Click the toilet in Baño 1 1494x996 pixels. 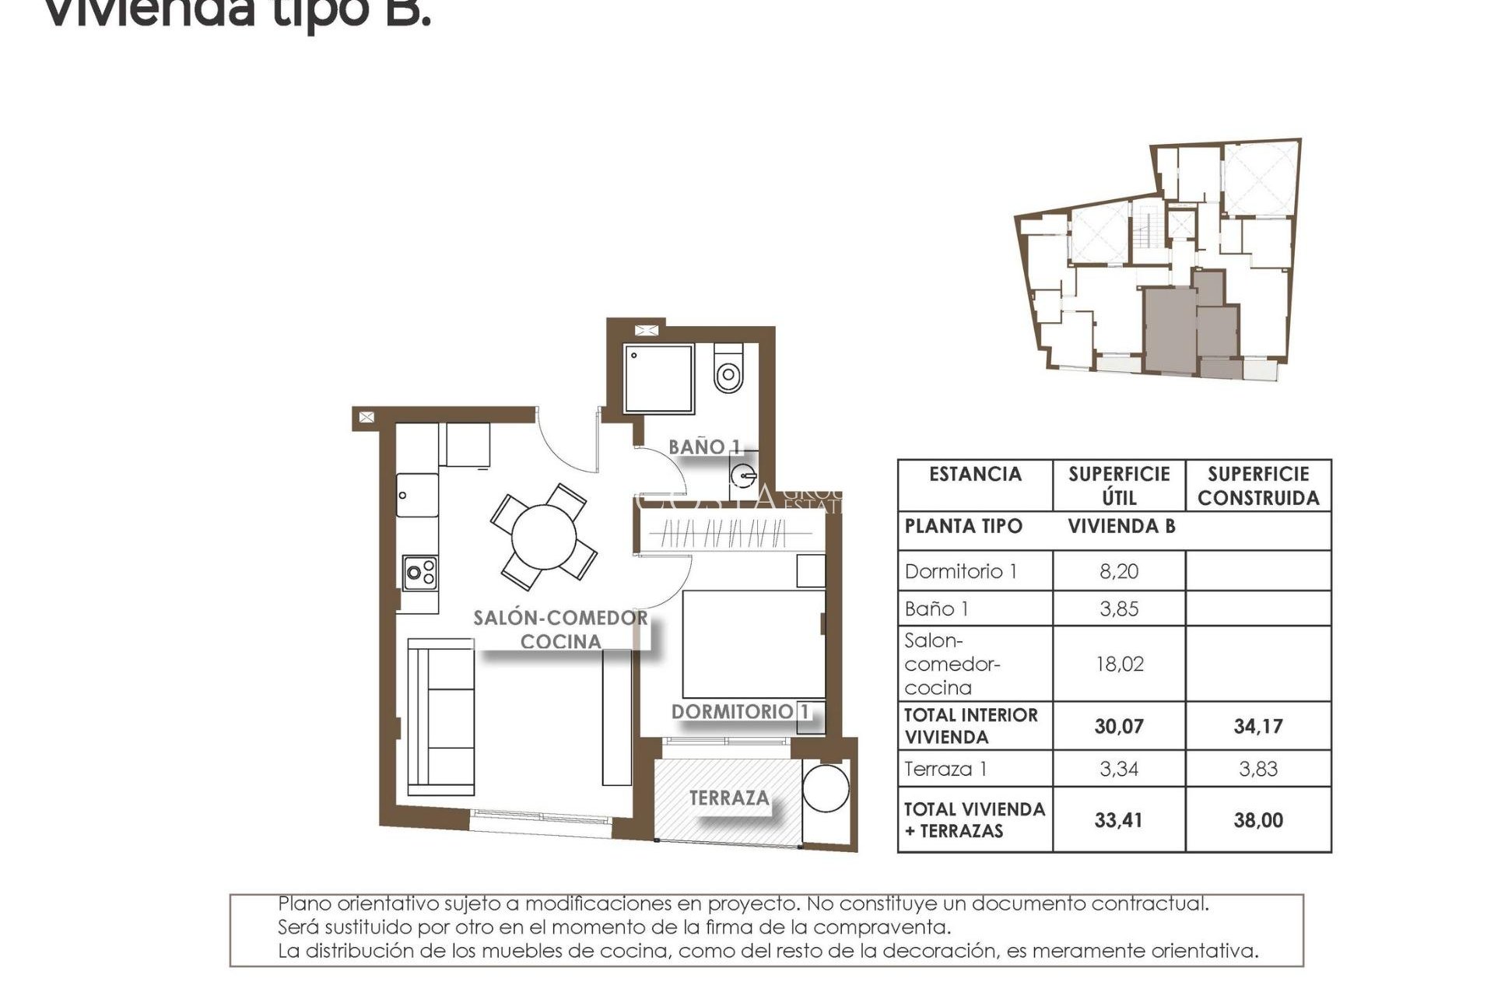click(728, 370)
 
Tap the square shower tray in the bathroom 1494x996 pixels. click(658, 378)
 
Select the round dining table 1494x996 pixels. click(544, 538)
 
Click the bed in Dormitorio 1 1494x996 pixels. click(753, 644)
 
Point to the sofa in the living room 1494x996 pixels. click(441, 717)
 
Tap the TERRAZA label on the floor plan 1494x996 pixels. click(729, 798)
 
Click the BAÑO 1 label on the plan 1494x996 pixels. click(704, 447)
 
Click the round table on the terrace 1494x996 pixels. click(826, 788)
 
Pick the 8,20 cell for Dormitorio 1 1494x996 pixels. click(1119, 571)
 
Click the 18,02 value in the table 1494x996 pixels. click(1119, 664)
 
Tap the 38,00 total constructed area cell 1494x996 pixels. click(1258, 820)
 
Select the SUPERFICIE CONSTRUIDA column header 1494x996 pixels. click(1258, 486)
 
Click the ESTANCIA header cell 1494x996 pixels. click(975, 474)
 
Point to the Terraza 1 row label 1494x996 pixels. click(946, 769)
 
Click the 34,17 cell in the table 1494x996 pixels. click(1258, 726)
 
